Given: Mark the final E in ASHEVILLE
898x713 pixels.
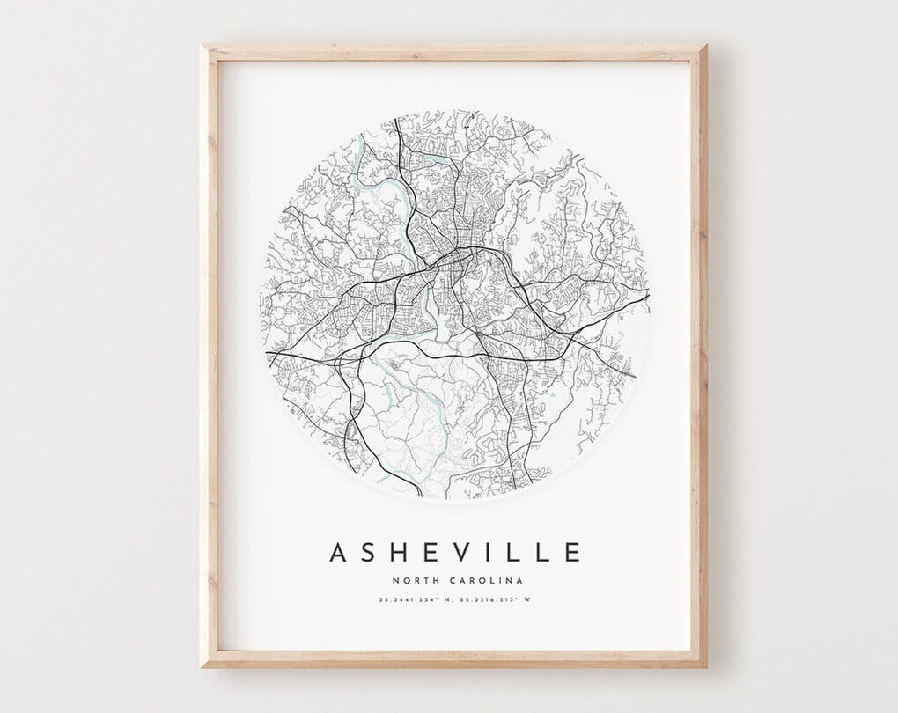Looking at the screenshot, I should tap(573, 553).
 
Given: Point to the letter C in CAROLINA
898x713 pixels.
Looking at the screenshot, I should tap(452, 580).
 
